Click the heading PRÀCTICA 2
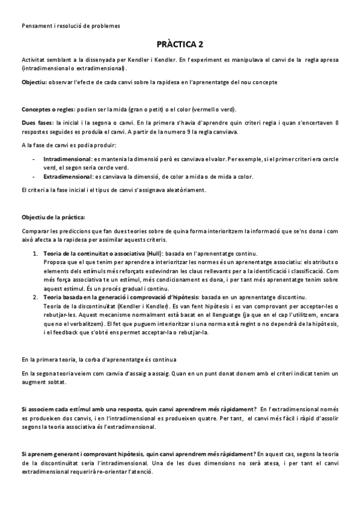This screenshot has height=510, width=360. (x=180, y=44)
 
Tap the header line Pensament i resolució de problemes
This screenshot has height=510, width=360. (x=70, y=26)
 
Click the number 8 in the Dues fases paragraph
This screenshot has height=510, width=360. (x=337, y=122)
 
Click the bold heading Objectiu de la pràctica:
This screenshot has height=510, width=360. (x=53, y=217)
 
